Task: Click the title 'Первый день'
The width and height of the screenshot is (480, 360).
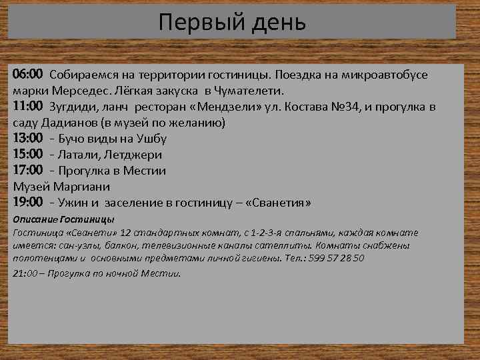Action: (x=233, y=22)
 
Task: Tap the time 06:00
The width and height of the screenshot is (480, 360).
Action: (x=28, y=74)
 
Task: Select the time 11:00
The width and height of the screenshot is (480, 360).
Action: (x=28, y=106)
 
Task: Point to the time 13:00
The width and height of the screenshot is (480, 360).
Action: (x=28, y=138)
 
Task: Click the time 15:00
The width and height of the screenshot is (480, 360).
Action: (x=28, y=154)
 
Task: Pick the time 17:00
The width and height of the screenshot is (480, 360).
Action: (x=28, y=170)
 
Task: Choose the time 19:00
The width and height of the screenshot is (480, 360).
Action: (x=28, y=202)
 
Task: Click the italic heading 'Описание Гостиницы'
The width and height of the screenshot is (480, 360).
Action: (x=63, y=219)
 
